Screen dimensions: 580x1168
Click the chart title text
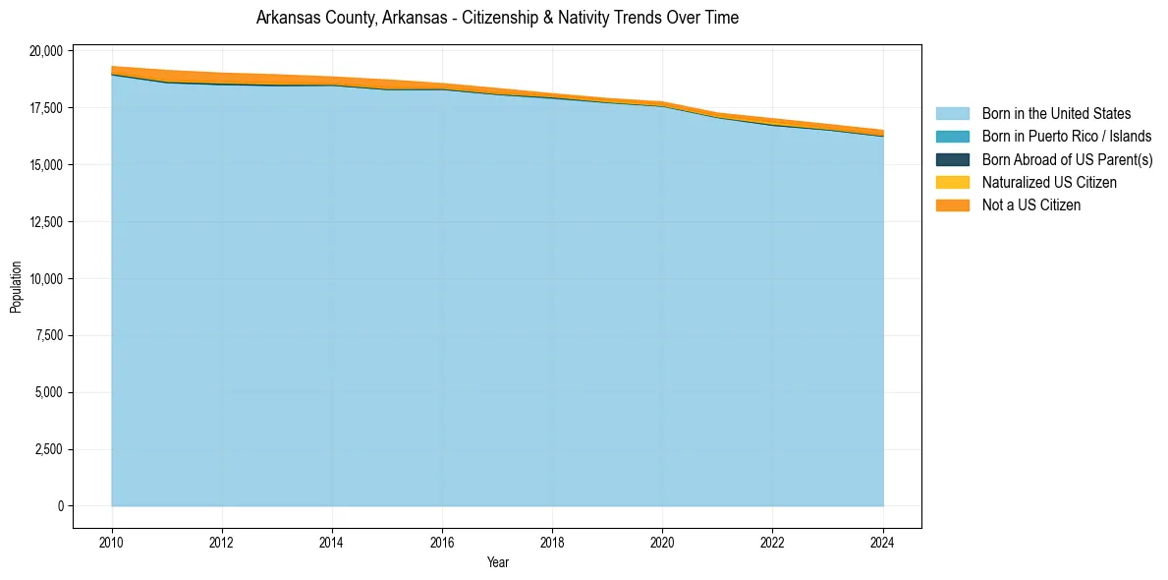click(x=497, y=18)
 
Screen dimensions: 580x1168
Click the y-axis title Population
click(x=16, y=287)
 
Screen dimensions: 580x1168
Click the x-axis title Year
click(x=497, y=562)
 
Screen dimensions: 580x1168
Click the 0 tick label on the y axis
click(x=60, y=506)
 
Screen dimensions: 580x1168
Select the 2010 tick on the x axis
click(x=112, y=542)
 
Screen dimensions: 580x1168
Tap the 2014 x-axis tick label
click(x=332, y=542)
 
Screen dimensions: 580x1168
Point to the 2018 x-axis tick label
click(x=552, y=542)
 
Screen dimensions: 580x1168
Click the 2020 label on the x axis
click(x=662, y=542)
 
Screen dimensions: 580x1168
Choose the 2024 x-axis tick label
click(x=883, y=542)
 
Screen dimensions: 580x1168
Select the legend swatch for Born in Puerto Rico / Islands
click(x=952, y=137)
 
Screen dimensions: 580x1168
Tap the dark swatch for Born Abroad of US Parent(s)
click(x=952, y=159)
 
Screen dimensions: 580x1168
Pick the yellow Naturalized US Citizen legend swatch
click(x=952, y=182)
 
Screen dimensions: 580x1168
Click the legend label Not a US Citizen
click(x=1030, y=205)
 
